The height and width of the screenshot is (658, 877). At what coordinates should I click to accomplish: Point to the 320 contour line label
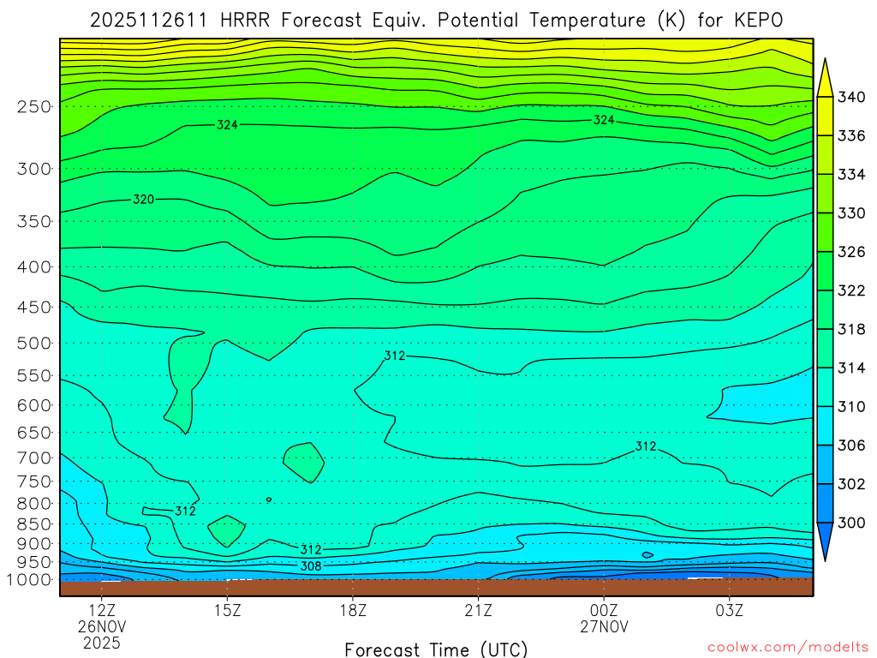(144, 200)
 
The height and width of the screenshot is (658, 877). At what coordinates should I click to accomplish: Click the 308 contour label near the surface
(311, 565)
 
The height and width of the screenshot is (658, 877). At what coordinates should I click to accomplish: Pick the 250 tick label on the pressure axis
(35, 106)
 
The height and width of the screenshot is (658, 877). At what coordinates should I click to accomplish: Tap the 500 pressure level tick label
(35, 343)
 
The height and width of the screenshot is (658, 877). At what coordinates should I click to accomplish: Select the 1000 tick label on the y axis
(32, 579)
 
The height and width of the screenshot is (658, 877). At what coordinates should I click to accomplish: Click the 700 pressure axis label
(35, 458)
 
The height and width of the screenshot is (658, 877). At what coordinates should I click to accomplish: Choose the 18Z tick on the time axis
(353, 611)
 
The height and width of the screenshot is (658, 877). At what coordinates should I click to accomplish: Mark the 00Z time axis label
(604, 611)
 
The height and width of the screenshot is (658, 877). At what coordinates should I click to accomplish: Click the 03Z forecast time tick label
(729, 611)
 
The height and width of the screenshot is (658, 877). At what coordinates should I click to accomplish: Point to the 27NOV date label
(604, 627)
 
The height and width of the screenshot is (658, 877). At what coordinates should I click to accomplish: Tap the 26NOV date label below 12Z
(103, 627)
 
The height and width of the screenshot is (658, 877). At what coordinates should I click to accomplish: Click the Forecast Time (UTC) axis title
(436, 649)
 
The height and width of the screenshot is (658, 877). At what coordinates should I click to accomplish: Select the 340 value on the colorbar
(852, 97)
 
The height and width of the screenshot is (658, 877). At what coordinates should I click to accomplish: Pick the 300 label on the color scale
(852, 523)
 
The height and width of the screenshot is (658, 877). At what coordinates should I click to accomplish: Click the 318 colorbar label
(852, 329)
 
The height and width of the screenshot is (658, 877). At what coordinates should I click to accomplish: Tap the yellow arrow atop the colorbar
(826, 77)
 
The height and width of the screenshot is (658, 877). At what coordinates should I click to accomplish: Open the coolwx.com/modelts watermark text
(787, 647)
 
